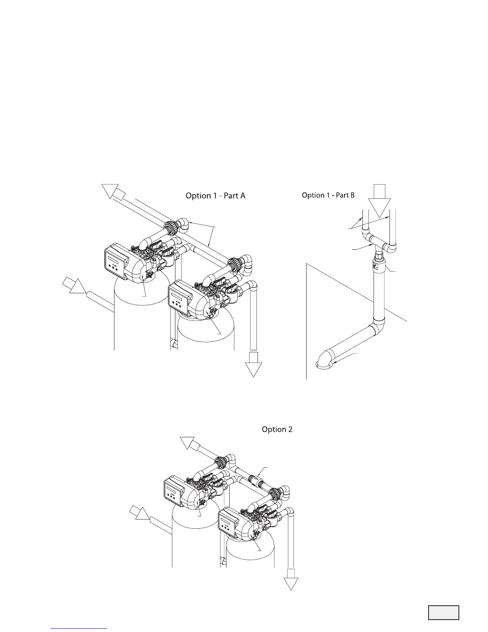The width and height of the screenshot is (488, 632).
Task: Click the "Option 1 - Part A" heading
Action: click(x=215, y=196)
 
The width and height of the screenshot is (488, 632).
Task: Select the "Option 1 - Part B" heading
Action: click(x=328, y=196)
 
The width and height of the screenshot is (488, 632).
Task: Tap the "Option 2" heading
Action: click(x=277, y=429)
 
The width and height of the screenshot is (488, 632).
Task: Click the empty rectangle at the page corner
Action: click(x=444, y=612)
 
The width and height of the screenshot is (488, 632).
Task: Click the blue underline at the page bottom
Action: click(x=79, y=628)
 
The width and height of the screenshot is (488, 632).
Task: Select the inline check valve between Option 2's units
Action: click(x=254, y=478)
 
